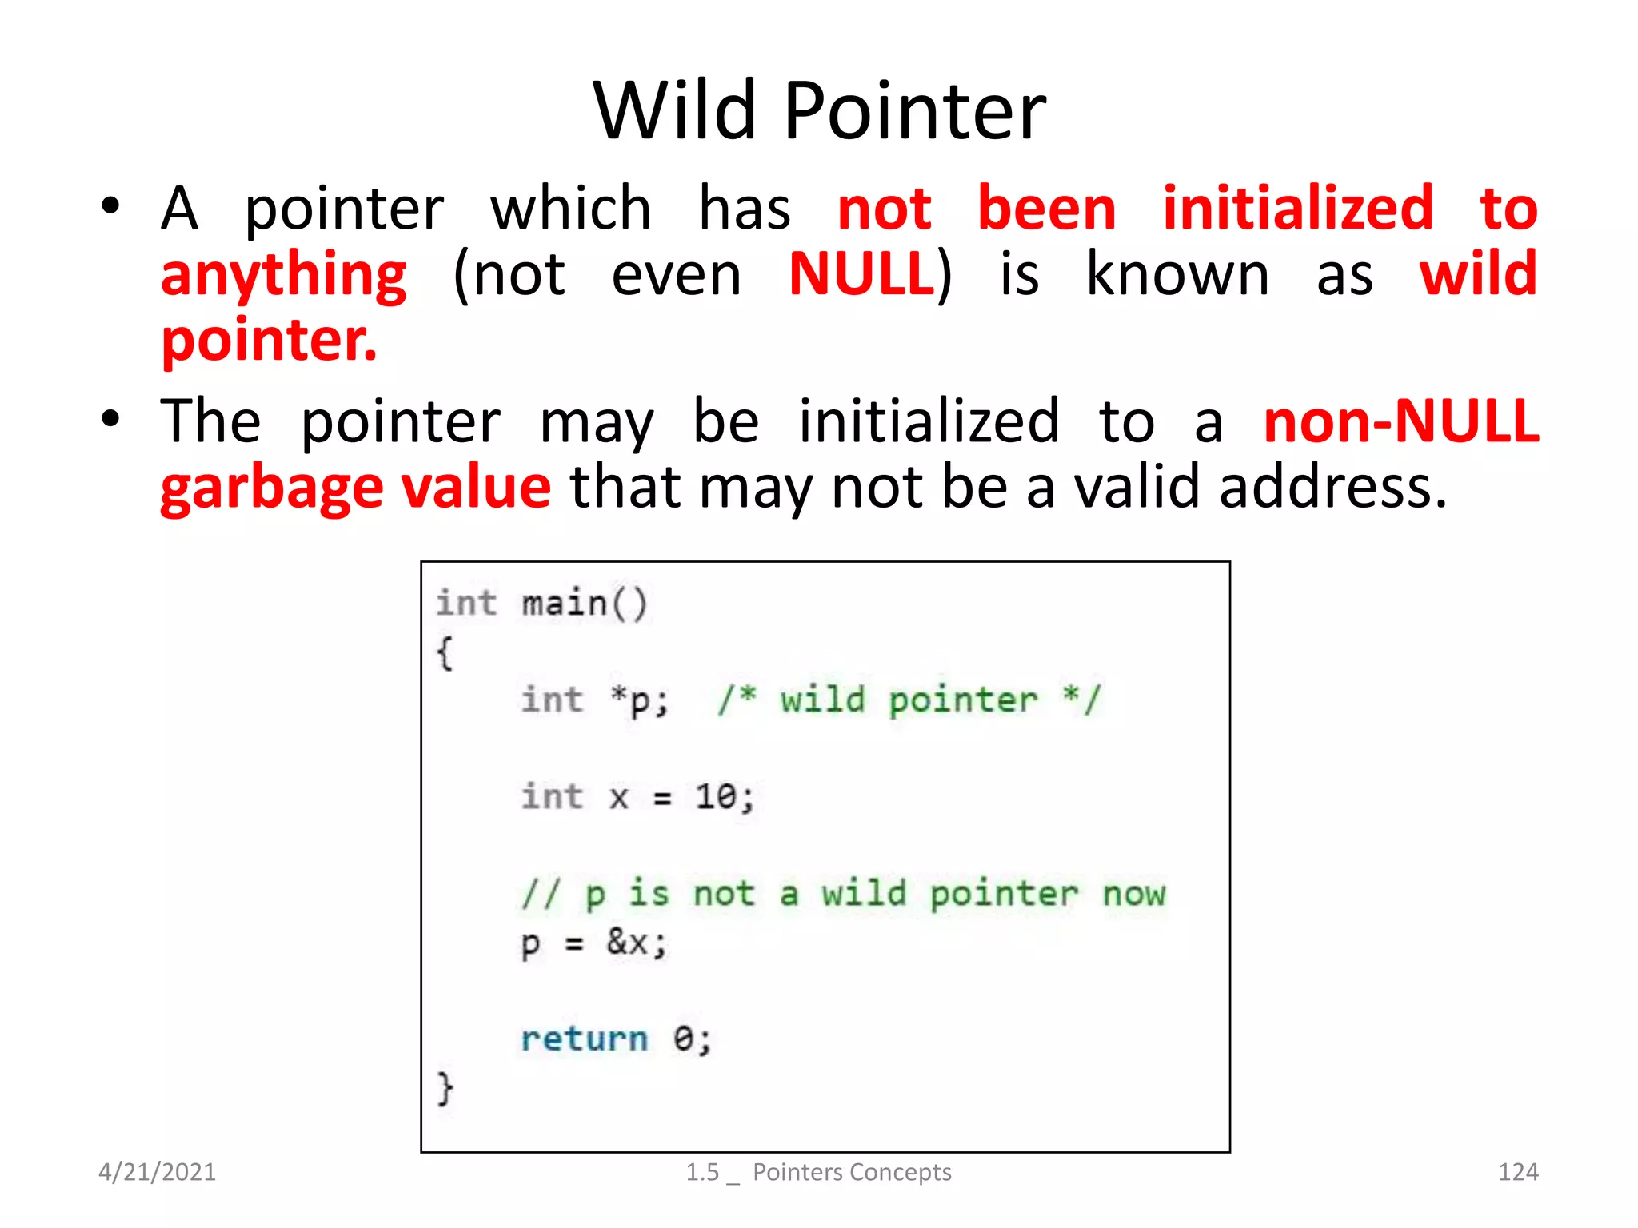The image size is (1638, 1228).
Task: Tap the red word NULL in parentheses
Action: pyautogui.click(x=861, y=274)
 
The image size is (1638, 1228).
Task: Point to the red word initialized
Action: pyautogui.click(x=1297, y=208)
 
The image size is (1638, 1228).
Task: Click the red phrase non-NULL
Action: pyautogui.click(x=1400, y=421)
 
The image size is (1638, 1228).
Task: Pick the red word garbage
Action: pyautogui.click(x=271, y=488)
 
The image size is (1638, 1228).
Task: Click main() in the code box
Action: pyautogui.click(x=584, y=604)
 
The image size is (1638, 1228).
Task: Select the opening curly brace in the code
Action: pyautogui.click(x=445, y=652)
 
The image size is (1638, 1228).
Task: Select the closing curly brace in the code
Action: pyautogui.click(x=445, y=1088)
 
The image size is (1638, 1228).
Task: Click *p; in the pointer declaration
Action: pyautogui.click(x=638, y=701)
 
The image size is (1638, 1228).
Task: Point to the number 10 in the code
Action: pyautogui.click(x=715, y=797)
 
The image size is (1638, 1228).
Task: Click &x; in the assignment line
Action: pyautogui.click(x=636, y=943)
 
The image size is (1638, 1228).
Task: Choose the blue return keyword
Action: pyautogui.click(x=584, y=1039)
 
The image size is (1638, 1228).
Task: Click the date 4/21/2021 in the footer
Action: pyautogui.click(x=157, y=1172)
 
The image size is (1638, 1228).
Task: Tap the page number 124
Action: pyautogui.click(x=1517, y=1172)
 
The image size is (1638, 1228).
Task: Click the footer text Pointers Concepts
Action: pyautogui.click(x=851, y=1172)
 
